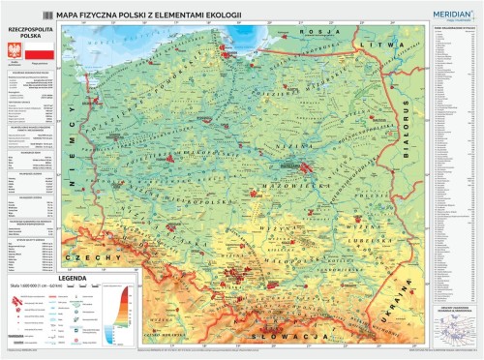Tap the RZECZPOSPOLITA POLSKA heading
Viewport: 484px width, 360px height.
click(29, 32)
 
